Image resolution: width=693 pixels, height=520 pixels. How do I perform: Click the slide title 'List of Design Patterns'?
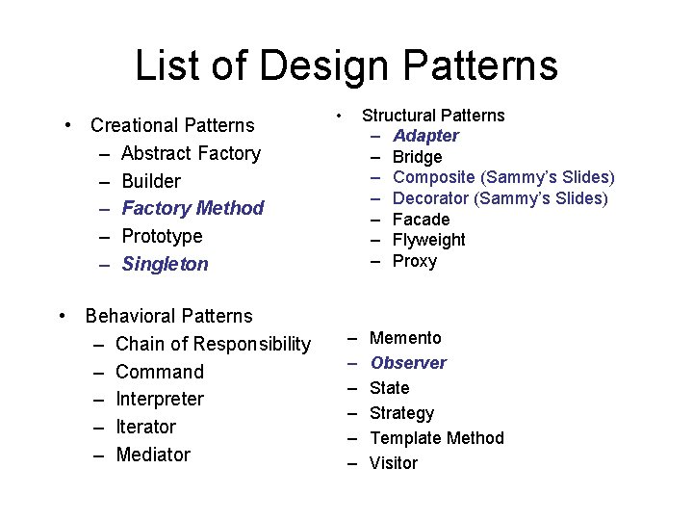point(346,65)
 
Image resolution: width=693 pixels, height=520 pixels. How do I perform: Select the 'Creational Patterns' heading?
point(172,125)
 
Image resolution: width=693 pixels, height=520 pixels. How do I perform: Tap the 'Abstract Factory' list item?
point(191,153)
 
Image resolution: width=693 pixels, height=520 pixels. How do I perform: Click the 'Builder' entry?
point(151,181)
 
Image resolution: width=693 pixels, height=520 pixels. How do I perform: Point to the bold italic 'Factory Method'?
point(192,208)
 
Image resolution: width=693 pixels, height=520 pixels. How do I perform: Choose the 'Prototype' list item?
point(162,236)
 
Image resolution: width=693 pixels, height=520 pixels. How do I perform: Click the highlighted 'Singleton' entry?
point(165,264)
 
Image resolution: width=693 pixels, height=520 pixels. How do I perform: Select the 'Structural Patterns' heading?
point(433,116)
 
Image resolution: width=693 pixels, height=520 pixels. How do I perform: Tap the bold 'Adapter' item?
point(425,136)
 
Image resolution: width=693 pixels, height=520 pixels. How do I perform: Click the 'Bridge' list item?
point(418,157)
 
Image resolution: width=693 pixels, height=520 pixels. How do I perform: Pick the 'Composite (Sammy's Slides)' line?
point(503,177)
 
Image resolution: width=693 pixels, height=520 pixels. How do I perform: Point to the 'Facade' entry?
point(422,220)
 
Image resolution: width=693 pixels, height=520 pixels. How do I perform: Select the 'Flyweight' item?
point(429,240)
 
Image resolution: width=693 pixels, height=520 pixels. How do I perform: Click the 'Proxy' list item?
point(415,261)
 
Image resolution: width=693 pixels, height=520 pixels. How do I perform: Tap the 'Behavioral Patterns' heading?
point(168,316)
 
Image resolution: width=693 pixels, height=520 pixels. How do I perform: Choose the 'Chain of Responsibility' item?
point(213,344)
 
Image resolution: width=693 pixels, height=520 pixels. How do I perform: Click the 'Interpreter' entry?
point(160,399)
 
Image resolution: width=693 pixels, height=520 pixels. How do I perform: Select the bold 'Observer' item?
point(408,363)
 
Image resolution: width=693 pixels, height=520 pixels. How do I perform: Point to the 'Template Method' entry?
point(437,438)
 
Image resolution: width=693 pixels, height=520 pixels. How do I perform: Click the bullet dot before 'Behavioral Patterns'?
point(62,316)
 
